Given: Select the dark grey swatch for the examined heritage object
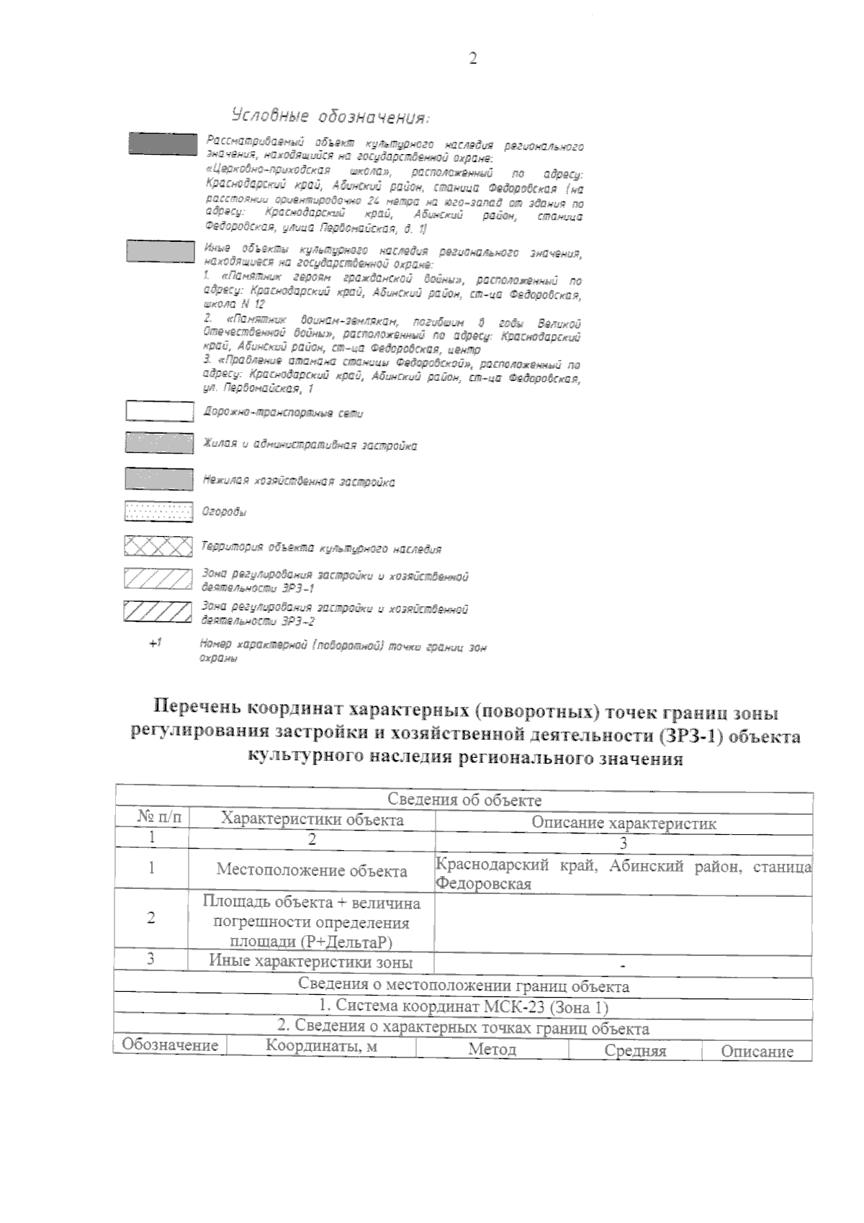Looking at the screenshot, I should (x=162, y=143).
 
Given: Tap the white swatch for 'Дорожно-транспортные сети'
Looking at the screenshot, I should (x=159, y=411).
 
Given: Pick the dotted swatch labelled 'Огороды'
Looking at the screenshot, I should (x=158, y=512).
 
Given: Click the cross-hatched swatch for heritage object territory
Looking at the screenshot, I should (x=158, y=546).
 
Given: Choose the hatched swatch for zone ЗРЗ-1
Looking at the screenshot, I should (x=158, y=579).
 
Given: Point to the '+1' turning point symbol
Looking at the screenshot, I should (x=154, y=643).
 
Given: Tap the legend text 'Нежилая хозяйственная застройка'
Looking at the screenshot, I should (x=299, y=481).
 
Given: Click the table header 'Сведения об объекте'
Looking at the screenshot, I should (x=464, y=800).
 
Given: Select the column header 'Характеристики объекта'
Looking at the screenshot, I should (x=312, y=819).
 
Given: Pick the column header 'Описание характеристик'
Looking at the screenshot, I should (x=624, y=823).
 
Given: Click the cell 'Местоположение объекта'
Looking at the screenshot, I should (x=312, y=870).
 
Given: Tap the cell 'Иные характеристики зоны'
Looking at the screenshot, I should (x=311, y=961).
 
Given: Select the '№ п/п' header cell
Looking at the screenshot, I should (x=159, y=818).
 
